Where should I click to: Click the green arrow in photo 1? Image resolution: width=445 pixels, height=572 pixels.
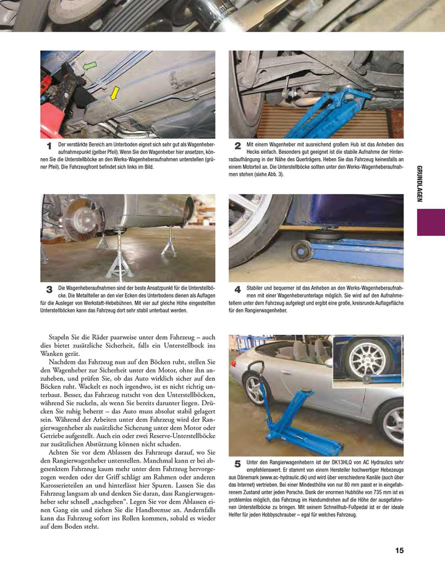[x=90, y=65]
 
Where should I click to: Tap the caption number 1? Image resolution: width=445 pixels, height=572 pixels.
[x=49, y=146]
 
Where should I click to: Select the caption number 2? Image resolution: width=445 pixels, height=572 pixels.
[x=237, y=146]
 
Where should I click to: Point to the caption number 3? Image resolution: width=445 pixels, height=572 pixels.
[x=49, y=289]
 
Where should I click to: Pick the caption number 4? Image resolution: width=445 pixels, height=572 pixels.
[x=237, y=289]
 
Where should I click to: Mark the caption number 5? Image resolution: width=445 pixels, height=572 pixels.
[x=237, y=463]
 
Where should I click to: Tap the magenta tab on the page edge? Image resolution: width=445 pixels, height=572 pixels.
[x=431, y=222]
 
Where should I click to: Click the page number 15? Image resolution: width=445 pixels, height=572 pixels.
[x=399, y=550]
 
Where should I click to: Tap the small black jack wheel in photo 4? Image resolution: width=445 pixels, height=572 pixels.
[x=302, y=250]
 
